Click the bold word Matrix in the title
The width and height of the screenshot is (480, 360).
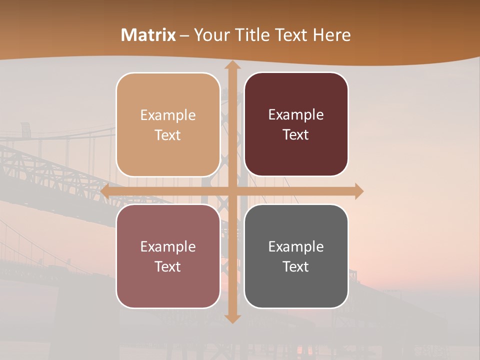(148, 35)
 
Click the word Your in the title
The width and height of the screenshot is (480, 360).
(210, 35)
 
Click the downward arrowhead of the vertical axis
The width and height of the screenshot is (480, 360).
(232, 318)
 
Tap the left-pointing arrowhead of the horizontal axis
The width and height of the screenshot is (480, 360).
(105, 191)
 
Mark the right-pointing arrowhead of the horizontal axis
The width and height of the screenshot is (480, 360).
(358, 191)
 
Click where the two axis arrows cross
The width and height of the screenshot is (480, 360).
(232, 191)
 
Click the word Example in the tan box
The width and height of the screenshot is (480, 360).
(168, 115)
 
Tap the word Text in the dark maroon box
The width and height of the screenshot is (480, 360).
(296, 135)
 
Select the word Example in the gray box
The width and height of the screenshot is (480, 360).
(296, 246)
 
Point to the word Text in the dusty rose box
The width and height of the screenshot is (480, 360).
(168, 266)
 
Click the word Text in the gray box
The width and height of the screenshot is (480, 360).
(296, 266)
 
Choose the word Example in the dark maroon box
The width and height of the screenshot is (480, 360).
(296, 114)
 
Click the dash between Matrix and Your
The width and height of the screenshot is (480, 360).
(184, 35)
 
